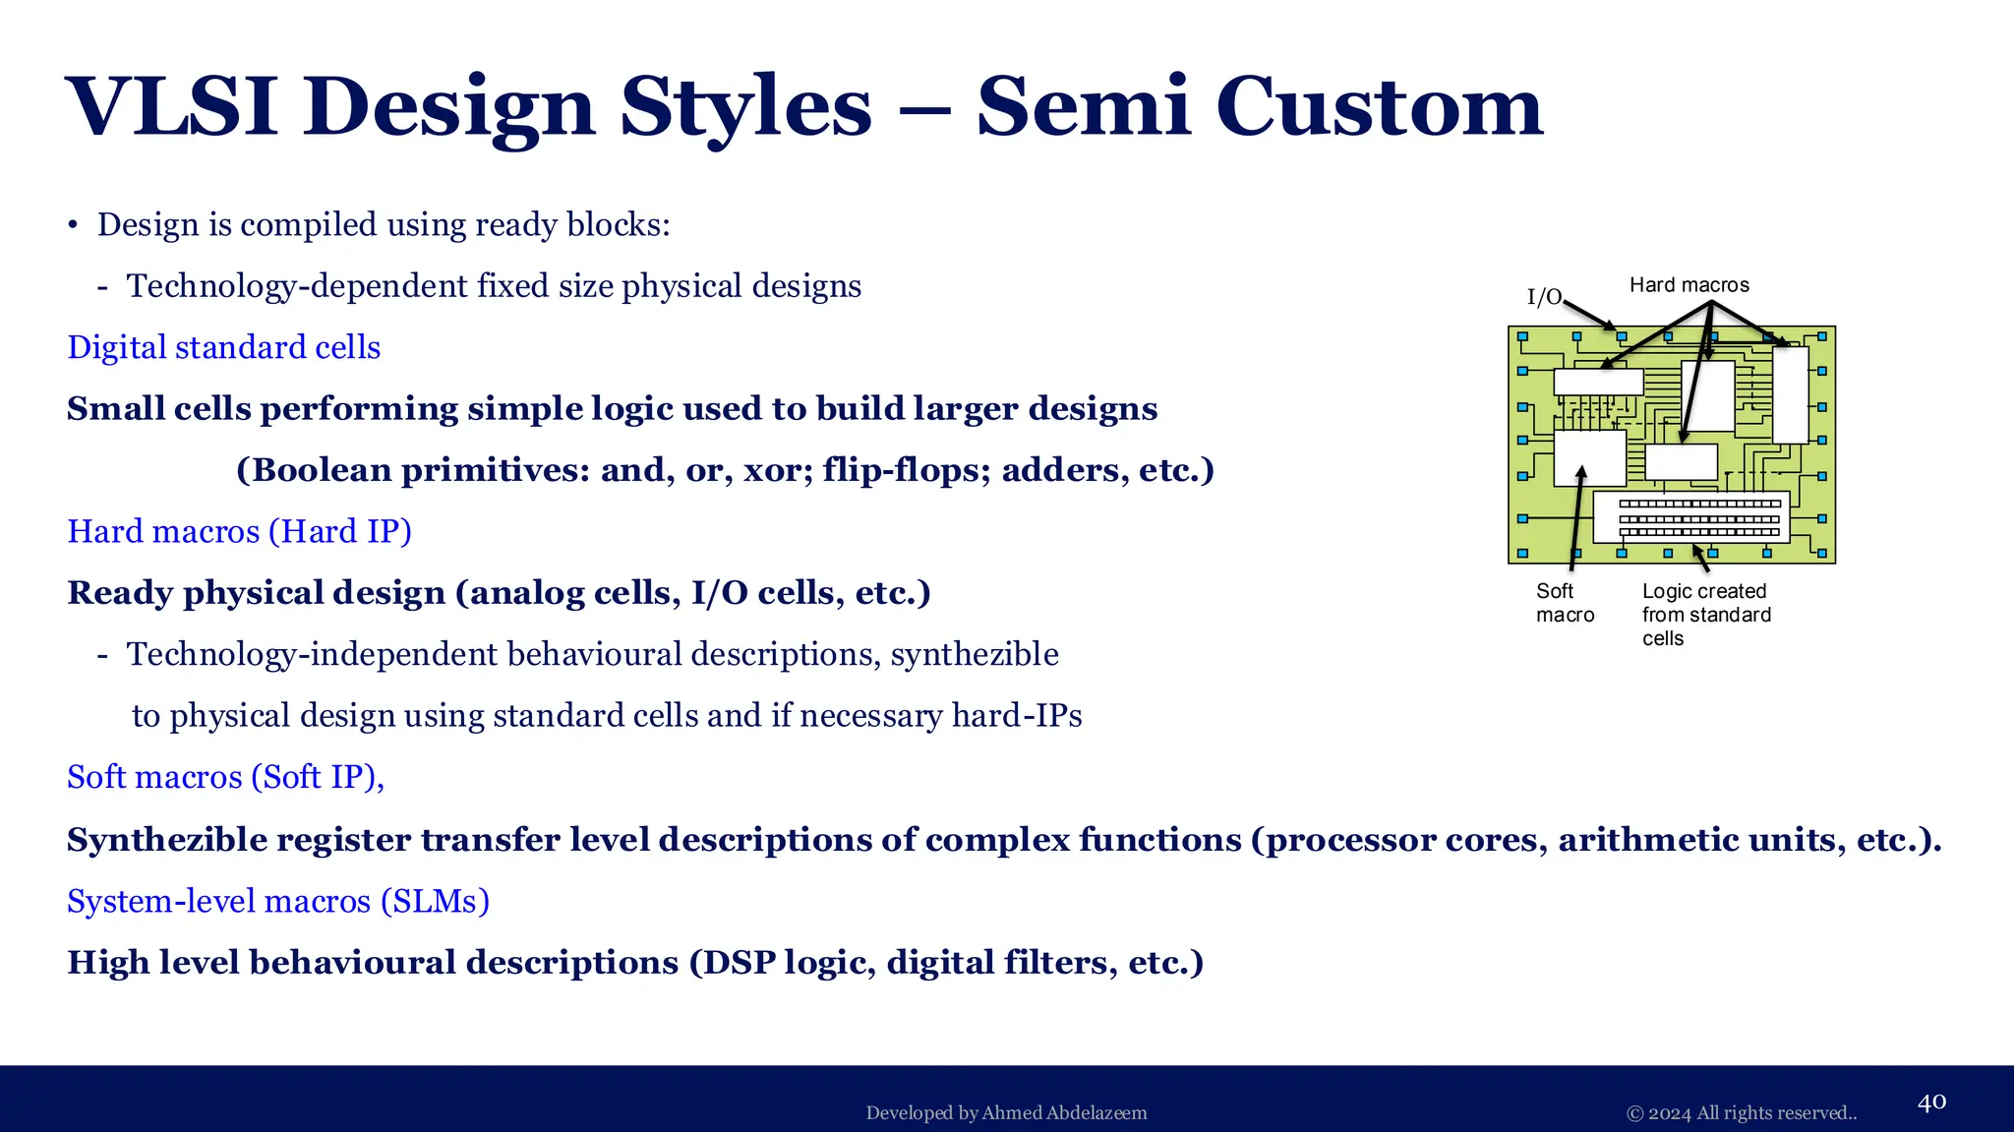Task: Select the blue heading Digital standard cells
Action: (223, 347)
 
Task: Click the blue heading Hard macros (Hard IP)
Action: (239, 531)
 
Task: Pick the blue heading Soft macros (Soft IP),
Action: (225, 777)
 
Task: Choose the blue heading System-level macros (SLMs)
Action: (277, 901)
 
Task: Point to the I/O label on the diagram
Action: (1544, 296)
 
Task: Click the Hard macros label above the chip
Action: (1688, 285)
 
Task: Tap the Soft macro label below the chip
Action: (1564, 603)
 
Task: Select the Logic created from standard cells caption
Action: (1705, 615)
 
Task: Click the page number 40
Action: (1931, 1102)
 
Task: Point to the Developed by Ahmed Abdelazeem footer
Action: (1006, 1113)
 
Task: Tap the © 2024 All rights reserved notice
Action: (1741, 1113)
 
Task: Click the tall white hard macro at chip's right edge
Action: (1790, 394)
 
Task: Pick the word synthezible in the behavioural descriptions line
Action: (974, 654)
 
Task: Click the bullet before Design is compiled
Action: (73, 225)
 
